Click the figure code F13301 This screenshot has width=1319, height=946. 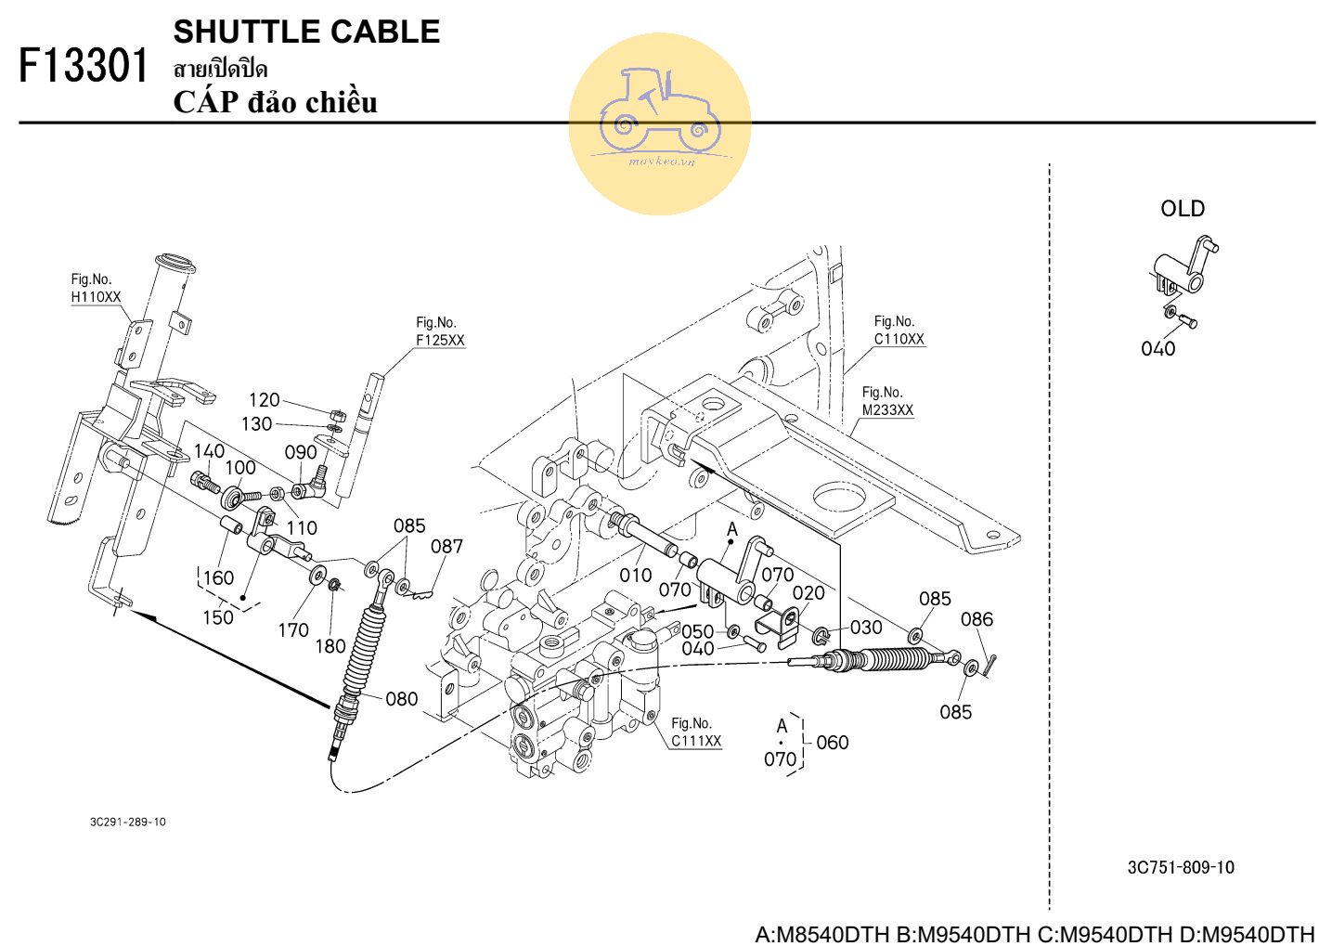point(83,65)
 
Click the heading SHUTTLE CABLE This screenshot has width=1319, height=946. point(306,32)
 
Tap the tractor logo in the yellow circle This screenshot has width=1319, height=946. point(659,113)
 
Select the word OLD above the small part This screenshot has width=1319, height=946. point(1183,209)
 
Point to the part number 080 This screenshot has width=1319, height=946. point(402,699)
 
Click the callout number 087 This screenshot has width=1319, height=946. point(446,547)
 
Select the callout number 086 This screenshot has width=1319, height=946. point(976,619)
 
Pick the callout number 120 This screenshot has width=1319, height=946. point(264,400)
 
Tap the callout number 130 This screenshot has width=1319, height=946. point(257,424)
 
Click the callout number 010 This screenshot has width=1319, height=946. point(635,575)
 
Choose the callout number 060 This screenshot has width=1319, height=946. point(832,742)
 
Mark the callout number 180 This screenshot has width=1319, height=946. point(330,646)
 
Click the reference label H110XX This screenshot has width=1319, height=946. point(96,297)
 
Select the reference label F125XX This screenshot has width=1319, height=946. point(440,341)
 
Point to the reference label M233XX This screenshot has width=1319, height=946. point(887,410)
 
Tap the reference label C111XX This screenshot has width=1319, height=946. point(696,741)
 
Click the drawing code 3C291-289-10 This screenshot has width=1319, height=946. point(128,822)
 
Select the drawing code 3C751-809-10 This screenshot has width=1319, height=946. point(1181,867)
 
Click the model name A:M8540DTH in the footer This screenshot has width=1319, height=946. point(822,934)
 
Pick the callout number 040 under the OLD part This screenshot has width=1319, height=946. point(1157,349)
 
